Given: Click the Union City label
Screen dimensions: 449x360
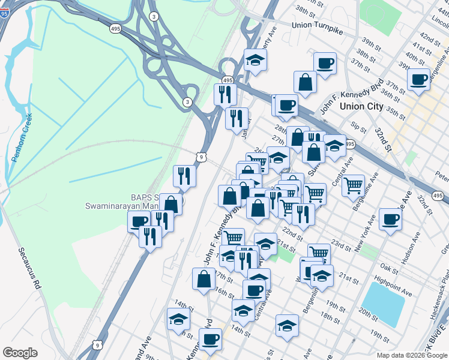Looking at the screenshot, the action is tap(361, 106).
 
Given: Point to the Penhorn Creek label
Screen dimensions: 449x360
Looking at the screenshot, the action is tap(21, 138).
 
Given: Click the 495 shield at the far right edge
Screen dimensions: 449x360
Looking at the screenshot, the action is tap(438, 196).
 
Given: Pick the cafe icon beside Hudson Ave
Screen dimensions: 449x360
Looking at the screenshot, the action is tap(390, 219).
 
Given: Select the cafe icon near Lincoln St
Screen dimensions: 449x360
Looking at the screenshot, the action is tap(418, 79).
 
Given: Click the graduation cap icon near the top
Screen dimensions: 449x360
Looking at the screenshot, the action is tap(255, 59).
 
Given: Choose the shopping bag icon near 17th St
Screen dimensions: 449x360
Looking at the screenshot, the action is tap(203, 278).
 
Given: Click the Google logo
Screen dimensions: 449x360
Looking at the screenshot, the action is tap(20, 353).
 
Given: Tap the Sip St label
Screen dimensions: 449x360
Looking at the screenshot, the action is tap(359, 127).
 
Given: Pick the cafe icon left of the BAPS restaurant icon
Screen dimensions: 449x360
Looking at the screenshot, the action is tap(139, 221).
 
